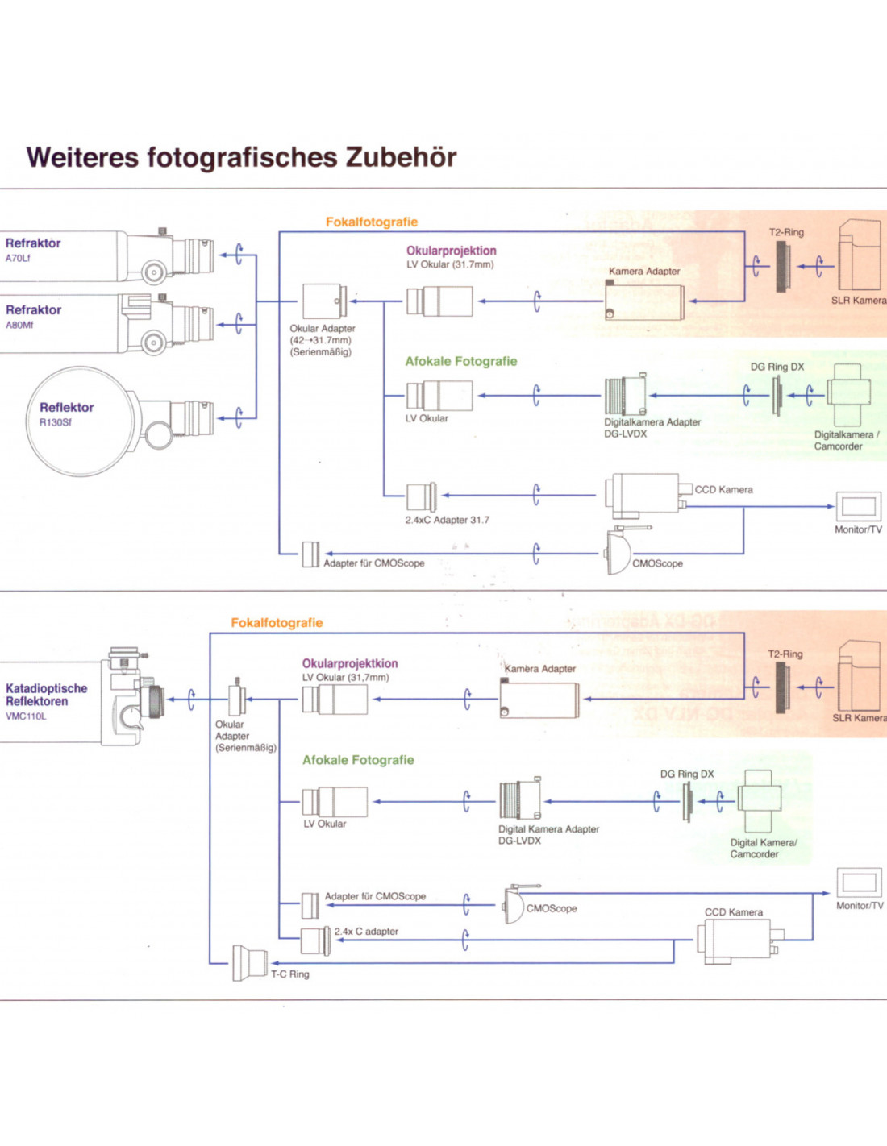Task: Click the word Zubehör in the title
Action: click(x=401, y=157)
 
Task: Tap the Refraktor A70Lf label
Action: click(x=32, y=249)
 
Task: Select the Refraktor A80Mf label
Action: click(x=33, y=316)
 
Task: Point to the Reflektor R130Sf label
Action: click(x=66, y=413)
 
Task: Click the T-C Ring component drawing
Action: click(x=250, y=962)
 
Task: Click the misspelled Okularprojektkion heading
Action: click(x=350, y=663)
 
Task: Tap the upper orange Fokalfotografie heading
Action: click(x=372, y=222)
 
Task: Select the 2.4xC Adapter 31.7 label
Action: click(x=447, y=520)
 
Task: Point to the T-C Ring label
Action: click(x=290, y=974)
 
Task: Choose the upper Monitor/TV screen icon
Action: click(x=858, y=507)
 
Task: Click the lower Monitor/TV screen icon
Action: click(x=859, y=882)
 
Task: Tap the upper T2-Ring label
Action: click(x=786, y=232)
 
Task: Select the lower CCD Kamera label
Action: click(x=733, y=912)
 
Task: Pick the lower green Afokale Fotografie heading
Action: click(x=358, y=760)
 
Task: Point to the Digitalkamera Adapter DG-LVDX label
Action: click(x=652, y=427)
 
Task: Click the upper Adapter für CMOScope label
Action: click(x=373, y=563)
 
